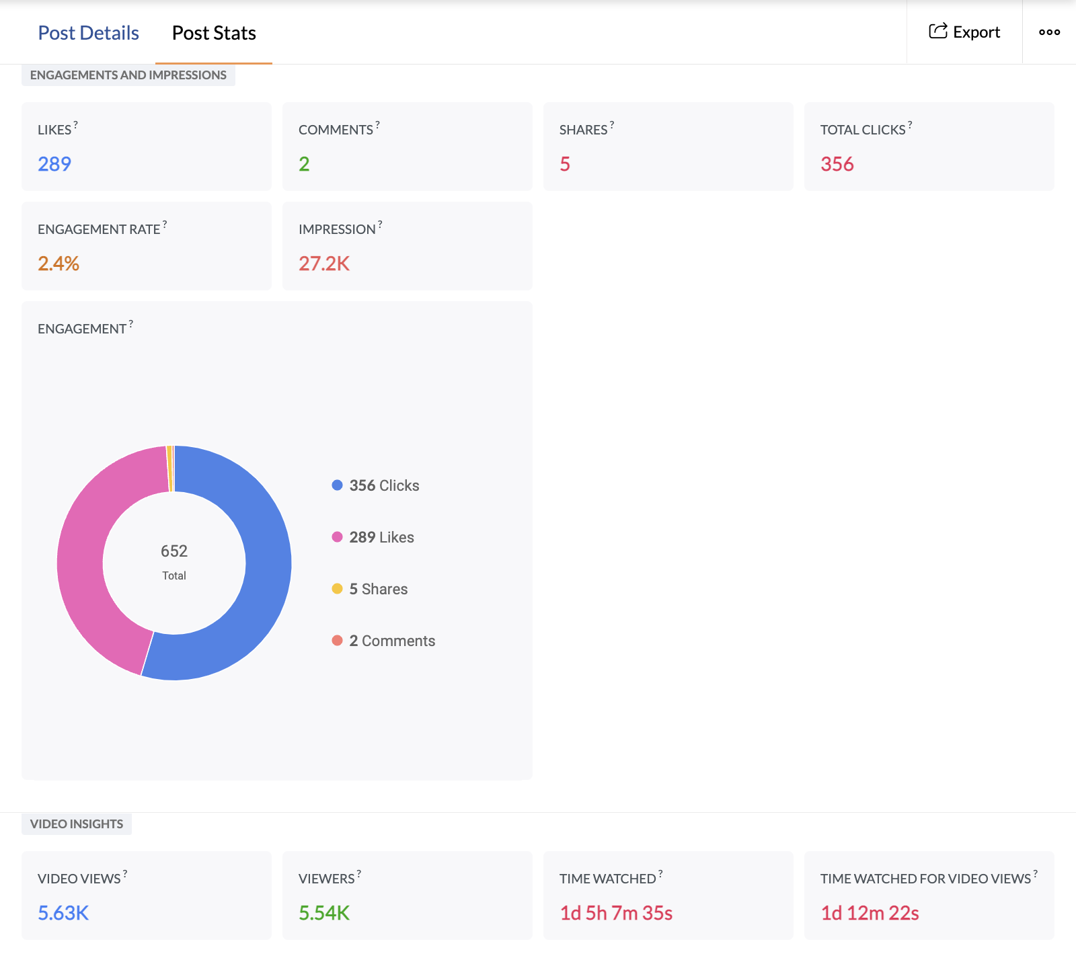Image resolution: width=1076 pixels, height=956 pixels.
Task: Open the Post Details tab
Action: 88,33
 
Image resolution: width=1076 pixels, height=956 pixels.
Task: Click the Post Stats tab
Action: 214,33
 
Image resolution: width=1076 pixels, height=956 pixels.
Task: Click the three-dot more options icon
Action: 1049,32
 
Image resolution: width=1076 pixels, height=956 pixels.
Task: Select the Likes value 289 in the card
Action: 54,164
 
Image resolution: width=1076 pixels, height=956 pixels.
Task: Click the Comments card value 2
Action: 304,164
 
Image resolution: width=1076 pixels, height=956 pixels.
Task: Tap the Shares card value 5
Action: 565,164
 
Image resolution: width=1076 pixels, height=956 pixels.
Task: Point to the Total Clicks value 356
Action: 837,164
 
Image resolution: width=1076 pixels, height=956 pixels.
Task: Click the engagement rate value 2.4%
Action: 59,264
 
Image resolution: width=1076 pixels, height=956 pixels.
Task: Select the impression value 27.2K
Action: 324,264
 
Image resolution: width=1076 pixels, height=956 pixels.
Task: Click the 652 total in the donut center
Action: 174,551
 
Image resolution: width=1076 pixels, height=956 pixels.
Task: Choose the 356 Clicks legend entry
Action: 383,485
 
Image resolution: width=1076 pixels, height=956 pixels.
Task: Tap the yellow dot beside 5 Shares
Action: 337,589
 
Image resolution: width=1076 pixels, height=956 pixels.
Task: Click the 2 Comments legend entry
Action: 391,641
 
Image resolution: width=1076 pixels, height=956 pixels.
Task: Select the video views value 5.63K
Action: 63,913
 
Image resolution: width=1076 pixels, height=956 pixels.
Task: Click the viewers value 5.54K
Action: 324,913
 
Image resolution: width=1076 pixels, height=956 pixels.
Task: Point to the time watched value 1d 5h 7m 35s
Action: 616,913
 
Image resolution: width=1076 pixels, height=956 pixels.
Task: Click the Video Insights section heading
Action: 77,824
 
